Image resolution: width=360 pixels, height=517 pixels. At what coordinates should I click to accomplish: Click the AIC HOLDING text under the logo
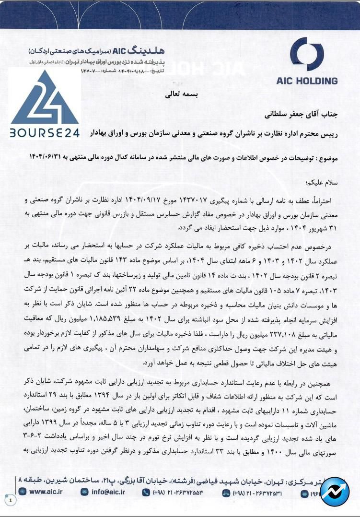pyautogui.click(x=307, y=81)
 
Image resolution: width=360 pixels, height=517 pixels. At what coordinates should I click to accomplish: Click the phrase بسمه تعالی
pyautogui.click(x=180, y=95)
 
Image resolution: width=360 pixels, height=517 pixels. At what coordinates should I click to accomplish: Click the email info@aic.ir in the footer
pyautogui.click(x=109, y=491)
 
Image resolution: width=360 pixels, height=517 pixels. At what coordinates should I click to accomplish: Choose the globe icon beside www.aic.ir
pyautogui.click(x=23, y=491)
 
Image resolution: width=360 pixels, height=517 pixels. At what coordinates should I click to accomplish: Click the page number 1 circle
pyautogui.click(x=11, y=500)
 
